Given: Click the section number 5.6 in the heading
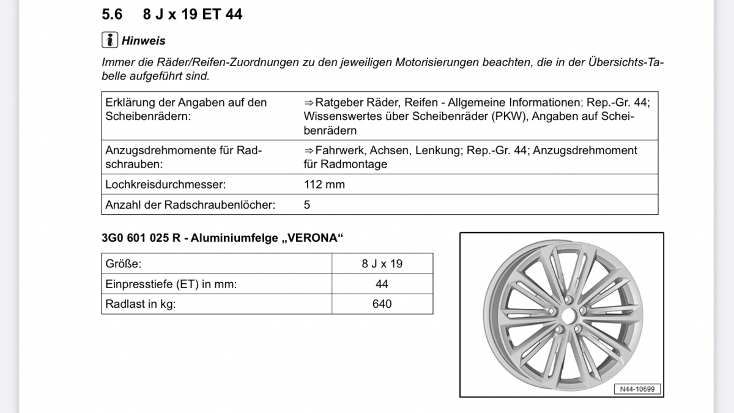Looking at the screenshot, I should click(x=113, y=14).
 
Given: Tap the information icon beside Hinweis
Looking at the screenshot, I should click(x=109, y=40).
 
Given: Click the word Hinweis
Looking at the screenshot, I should click(x=144, y=41).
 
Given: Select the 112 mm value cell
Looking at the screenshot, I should click(x=324, y=184).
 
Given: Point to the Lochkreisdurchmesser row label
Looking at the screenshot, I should click(x=165, y=184).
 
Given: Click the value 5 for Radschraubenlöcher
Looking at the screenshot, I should click(x=307, y=205).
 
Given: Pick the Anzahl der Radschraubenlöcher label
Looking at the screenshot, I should click(x=190, y=205).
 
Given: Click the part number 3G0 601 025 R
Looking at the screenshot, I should click(x=141, y=238).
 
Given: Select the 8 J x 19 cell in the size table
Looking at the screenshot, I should click(x=382, y=264).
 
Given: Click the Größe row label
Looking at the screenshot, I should click(x=124, y=264).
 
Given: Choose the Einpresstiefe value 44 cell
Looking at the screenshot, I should click(x=382, y=284).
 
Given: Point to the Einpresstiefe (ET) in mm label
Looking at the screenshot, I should click(x=171, y=284).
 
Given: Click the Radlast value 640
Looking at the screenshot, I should click(x=382, y=303).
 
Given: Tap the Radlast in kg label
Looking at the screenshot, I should click(x=140, y=303).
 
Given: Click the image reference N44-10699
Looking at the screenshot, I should click(x=637, y=389).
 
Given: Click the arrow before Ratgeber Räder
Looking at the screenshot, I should click(x=309, y=103).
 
